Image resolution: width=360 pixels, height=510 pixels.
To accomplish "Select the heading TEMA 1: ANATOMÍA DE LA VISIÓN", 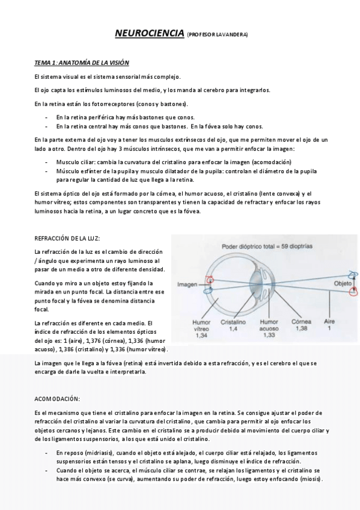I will coord(81,63).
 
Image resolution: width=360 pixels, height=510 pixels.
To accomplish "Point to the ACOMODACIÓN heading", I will coord(58,399).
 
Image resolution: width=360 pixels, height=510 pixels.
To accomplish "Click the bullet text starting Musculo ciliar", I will coord(174,163).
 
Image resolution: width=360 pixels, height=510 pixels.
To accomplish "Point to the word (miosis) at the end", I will coord(310,479).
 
